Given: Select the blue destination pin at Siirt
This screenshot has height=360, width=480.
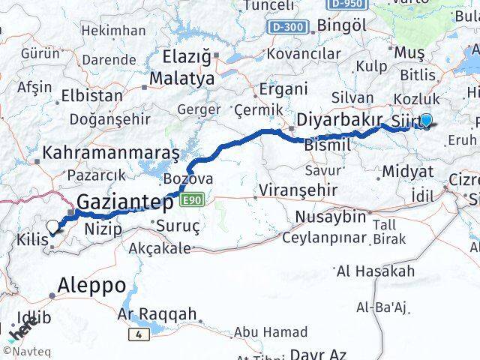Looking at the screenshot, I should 426,120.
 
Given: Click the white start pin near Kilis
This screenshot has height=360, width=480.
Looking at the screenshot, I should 53,227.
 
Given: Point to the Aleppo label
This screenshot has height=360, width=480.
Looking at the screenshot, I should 94,285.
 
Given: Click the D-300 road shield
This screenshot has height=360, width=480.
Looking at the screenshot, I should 287,27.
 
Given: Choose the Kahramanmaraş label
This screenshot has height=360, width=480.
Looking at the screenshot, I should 110,152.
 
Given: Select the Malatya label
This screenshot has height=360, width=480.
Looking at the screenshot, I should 181,78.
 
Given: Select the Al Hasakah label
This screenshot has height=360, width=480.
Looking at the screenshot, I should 376,271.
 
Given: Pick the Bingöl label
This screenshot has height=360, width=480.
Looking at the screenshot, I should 342,25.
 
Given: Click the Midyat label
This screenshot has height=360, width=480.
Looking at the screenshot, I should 407,171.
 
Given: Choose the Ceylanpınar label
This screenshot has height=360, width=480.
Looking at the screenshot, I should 324,238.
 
